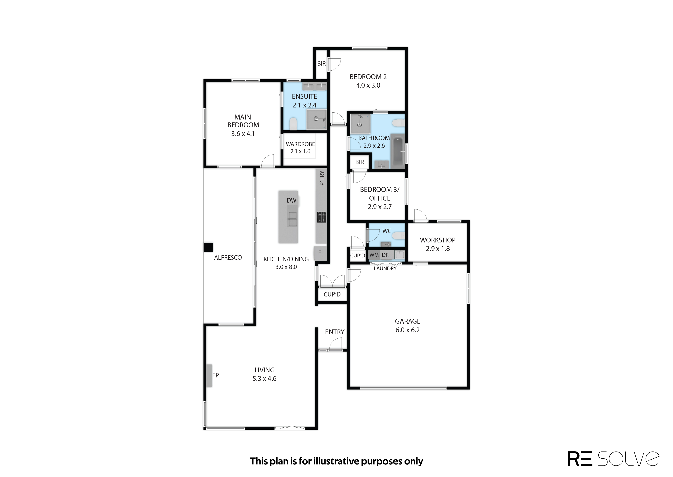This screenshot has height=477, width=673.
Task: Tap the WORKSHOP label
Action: point(438,240)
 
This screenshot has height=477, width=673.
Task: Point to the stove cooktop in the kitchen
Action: point(321,217)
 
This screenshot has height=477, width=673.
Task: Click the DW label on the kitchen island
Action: point(291,200)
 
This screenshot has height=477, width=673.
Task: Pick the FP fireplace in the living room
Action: point(209,375)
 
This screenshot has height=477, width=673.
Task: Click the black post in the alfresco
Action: point(208,247)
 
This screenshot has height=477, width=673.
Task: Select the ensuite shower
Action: point(317,119)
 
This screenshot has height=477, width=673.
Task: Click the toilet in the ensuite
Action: point(293,124)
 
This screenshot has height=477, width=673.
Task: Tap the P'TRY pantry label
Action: point(322,178)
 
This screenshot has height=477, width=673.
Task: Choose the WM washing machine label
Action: point(374,255)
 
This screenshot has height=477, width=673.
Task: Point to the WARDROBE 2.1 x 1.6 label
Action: point(300,148)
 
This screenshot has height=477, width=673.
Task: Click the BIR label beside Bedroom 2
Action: point(321,63)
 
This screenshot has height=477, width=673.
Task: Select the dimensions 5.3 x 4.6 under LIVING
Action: point(264,379)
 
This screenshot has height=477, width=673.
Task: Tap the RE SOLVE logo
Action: point(613,459)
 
